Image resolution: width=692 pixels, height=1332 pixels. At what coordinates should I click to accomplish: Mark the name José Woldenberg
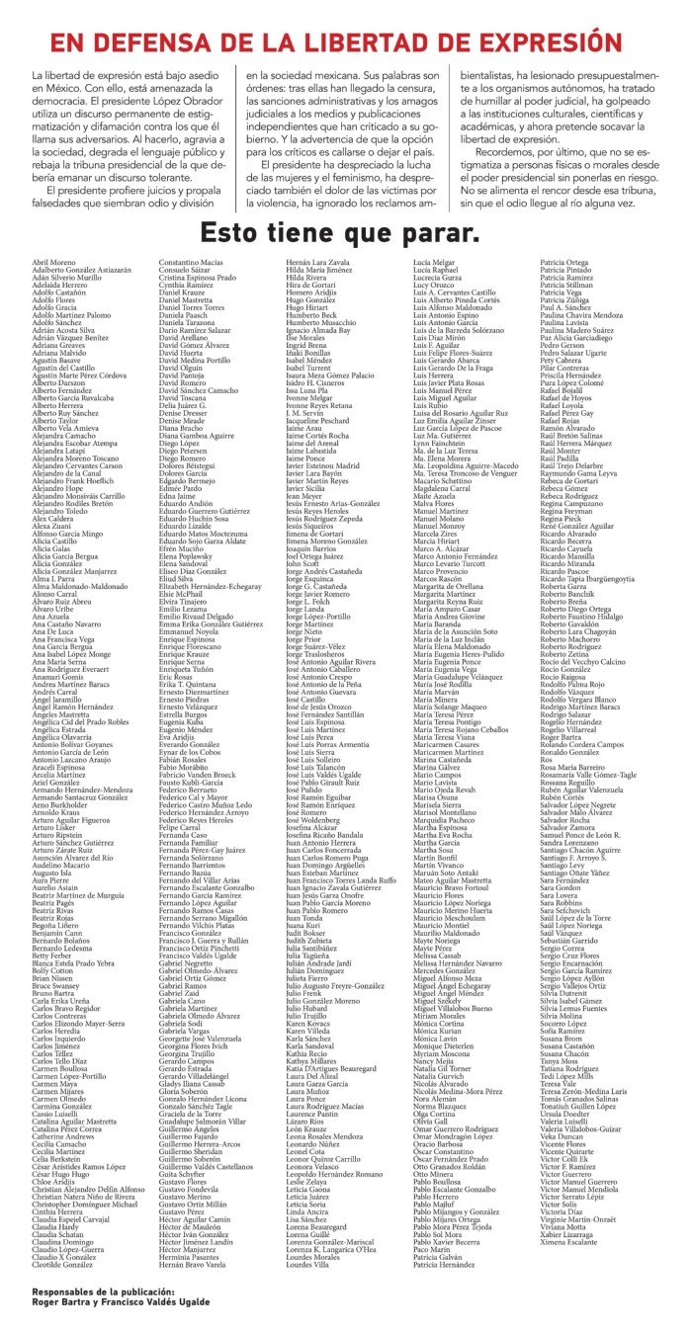click(x=317, y=844)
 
